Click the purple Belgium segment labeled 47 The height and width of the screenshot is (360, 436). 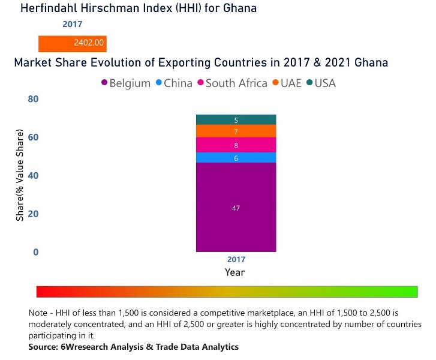[236, 207]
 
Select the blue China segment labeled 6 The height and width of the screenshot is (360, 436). [236, 157]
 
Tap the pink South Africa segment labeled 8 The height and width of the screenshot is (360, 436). [236, 145]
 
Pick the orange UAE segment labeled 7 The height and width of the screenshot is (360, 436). [236, 131]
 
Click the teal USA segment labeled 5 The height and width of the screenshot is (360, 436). [236, 119]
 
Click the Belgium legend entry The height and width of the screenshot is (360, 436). [125, 83]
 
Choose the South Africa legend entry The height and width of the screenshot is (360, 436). [231, 83]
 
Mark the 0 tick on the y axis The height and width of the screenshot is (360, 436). [35, 252]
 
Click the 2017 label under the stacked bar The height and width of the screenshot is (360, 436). [236, 260]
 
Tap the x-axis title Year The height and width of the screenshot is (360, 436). [234, 272]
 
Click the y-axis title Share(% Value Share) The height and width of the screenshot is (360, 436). [20, 175]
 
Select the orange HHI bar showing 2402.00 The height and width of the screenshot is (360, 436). [73, 43]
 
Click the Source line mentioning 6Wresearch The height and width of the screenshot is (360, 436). [133, 347]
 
